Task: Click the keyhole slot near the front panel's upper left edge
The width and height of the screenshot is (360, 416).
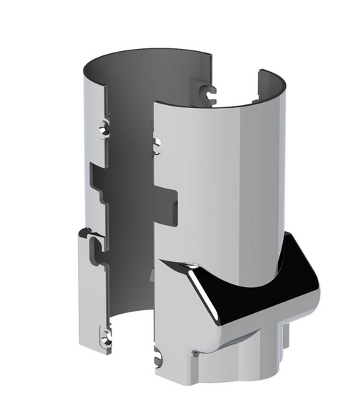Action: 156,143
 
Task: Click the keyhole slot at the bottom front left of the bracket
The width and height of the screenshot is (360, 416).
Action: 158,355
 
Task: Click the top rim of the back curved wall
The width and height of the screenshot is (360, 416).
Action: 144,53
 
